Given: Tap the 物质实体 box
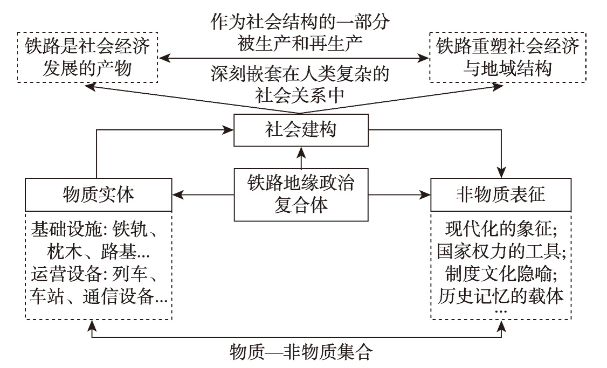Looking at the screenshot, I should pyautogui.click(x=98, y=195).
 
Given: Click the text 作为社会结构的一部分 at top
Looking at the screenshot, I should pyautogui.click(x=299, y=23).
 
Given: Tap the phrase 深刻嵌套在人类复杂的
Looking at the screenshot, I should pyautogui.click(x=299, y=74).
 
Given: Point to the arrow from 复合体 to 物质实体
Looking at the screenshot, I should pyautogui.click(x=202, y=195).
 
